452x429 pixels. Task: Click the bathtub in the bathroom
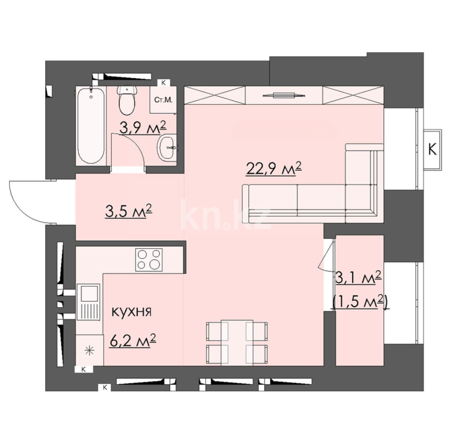(92, 126)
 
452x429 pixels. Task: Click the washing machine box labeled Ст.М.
(163, 99)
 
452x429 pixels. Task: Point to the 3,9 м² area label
(142, 128)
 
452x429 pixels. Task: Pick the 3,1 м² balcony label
(359, 278)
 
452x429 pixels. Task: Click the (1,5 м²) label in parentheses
(360, 303)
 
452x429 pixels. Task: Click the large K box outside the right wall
(432, 150)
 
